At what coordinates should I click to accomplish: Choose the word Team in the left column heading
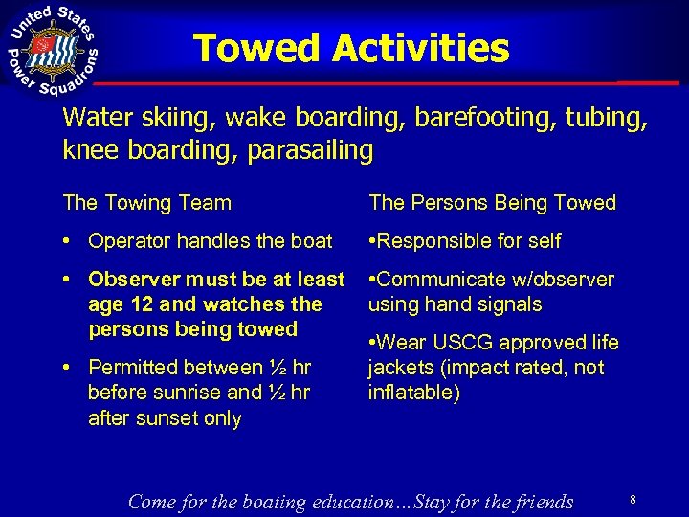point(202,203)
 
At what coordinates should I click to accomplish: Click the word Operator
point(133,241)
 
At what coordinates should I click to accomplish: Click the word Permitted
point(136,367)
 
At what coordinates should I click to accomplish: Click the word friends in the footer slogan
point(540,502)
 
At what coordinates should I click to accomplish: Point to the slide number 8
point(633,499)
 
